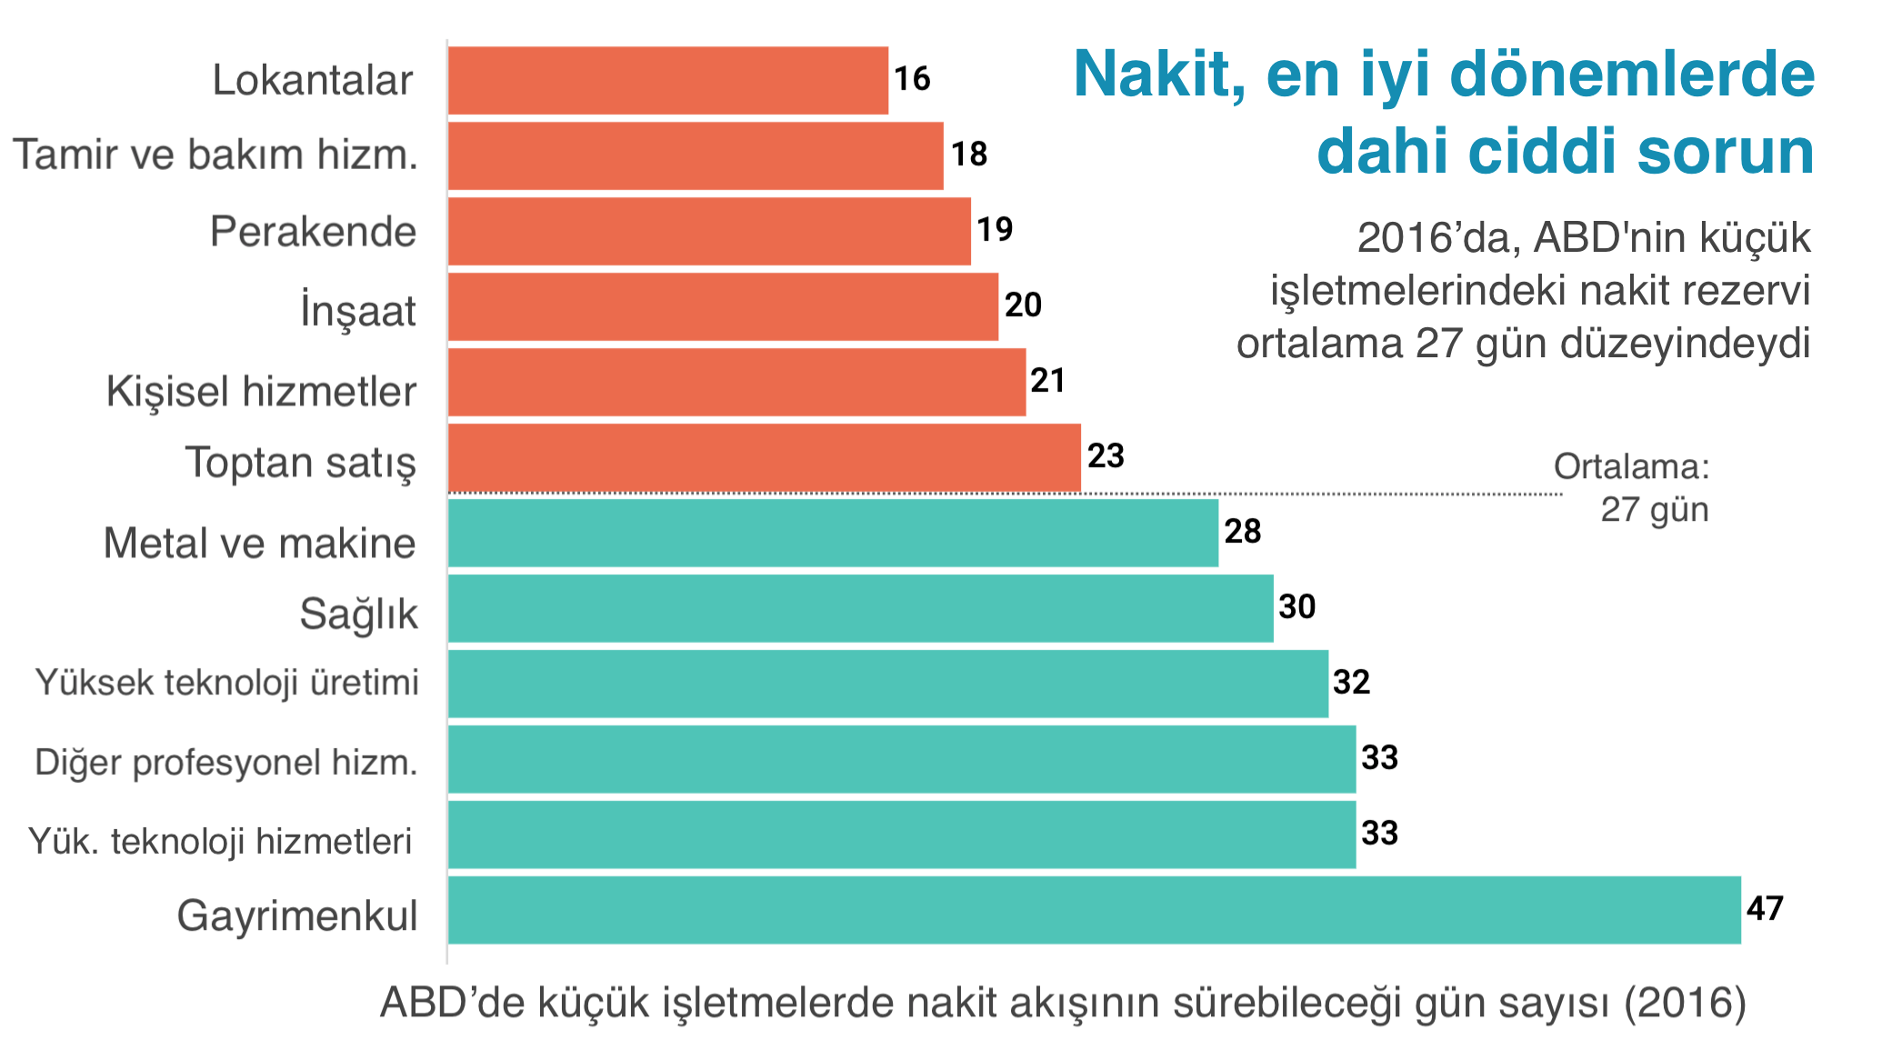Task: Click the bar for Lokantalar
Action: [667, 81]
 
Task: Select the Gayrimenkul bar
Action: [1094, 910]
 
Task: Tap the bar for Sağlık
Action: [860, 608]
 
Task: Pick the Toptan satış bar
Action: [764, 457]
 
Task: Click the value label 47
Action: [1765, 908]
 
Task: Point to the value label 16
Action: [912, 79]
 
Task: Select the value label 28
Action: [1242, 532]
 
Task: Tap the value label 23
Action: [1106, 456]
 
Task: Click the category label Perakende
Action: [313, 232]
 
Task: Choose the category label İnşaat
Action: [358, 311]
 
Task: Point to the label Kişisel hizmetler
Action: [261, 392]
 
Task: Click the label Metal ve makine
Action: [259, 544]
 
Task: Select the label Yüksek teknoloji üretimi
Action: [226, 683]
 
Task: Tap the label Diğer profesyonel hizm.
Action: [225, 763]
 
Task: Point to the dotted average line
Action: [1318, 494]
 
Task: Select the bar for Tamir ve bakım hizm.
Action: [696, 156]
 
